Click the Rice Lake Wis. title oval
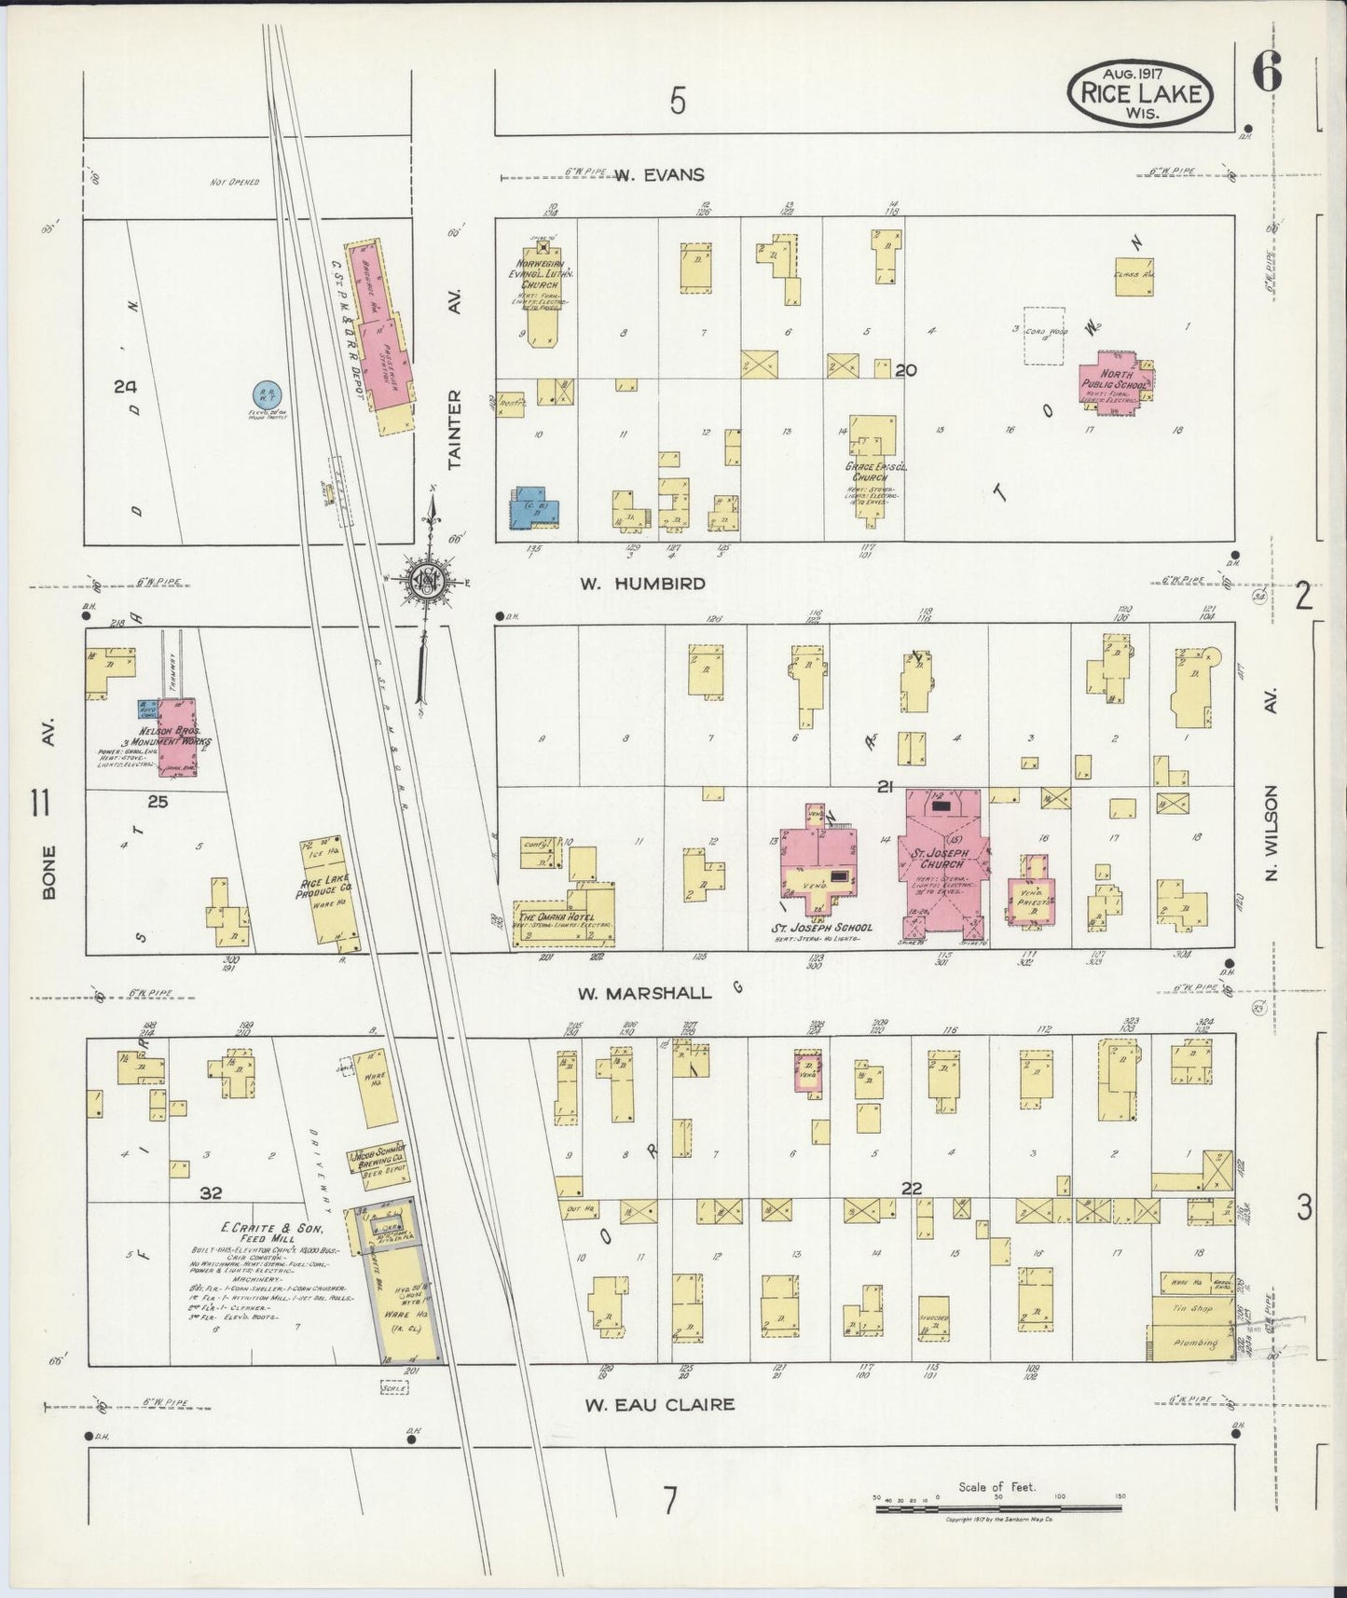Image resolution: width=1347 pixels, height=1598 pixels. point(1140,92)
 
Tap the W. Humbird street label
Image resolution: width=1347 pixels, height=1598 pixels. point(642,584)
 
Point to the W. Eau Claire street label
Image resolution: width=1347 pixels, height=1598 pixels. point(660,1404)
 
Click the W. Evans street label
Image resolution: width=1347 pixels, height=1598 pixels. point(658,174)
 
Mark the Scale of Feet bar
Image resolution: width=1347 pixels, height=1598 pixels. point(997,1507)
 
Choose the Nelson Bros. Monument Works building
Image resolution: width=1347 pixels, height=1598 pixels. point(175,737)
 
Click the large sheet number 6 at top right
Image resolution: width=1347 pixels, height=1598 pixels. point(1267,72)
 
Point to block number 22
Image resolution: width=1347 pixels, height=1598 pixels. point(911,1188)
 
